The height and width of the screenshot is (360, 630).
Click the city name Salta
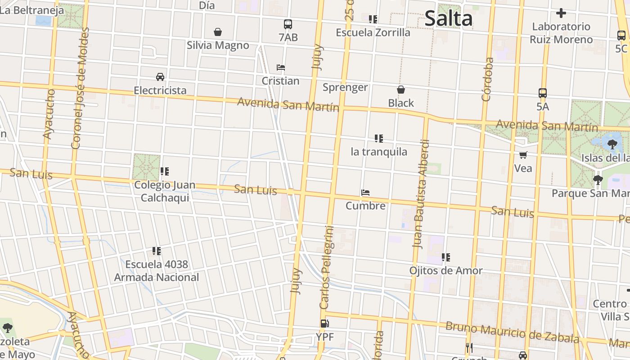(449, 19)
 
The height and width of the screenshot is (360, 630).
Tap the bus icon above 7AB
(288, 25)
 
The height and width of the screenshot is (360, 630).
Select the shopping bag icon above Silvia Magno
(218, 32)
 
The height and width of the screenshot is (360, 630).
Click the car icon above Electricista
(160, 77)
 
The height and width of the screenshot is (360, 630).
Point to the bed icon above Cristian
(281, 68)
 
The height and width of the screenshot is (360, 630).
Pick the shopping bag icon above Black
(401, 90)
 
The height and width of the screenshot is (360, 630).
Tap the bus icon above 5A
(543, 94)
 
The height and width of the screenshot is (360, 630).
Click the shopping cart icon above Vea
(523, 155)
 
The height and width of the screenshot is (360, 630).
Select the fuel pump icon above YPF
(324, 324)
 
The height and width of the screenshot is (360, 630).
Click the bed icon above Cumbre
(365, 193)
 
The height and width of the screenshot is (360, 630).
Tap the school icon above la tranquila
(379, 139)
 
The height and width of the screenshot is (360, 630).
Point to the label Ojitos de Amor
(446, 270)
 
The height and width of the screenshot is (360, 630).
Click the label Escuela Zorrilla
(373, 32)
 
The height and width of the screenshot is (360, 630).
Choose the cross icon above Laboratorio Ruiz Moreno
(561, 13)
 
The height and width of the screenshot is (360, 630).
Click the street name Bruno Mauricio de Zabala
(512, 332)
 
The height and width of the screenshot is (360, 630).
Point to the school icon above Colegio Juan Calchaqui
(165, 171)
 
